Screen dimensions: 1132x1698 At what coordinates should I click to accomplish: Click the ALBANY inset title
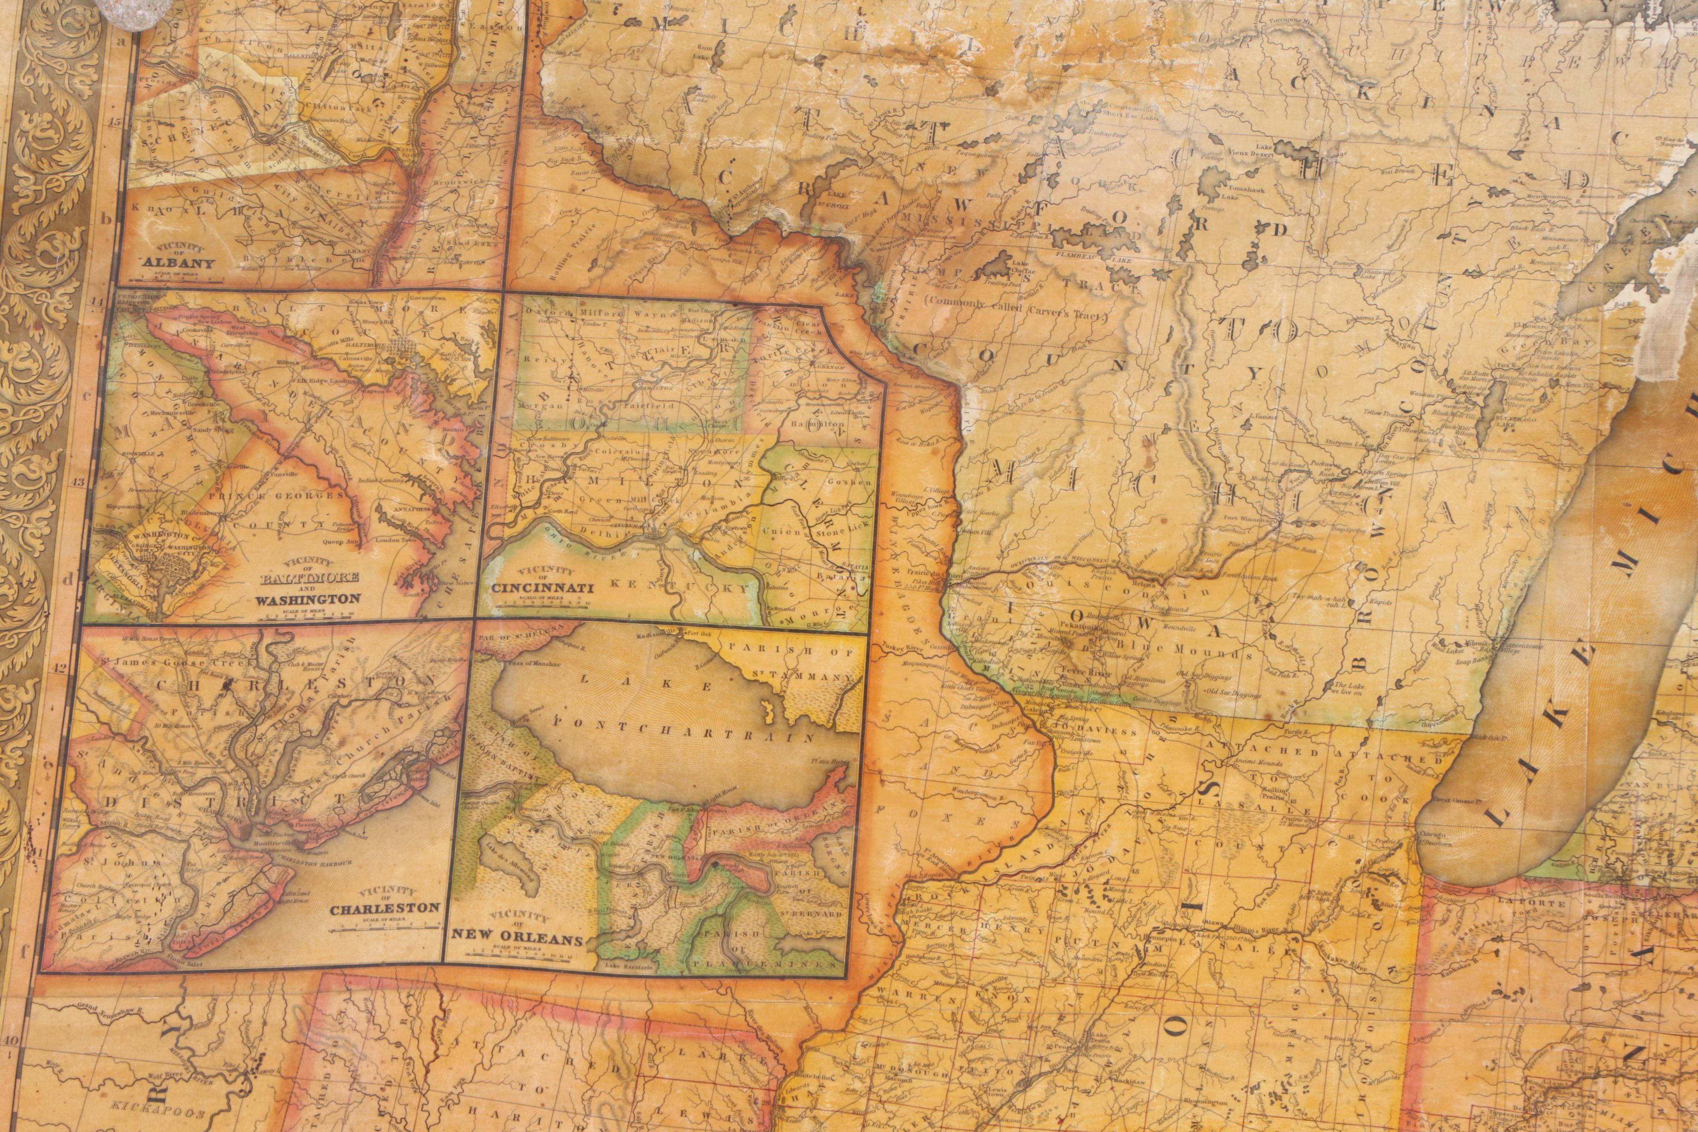coord(180,263)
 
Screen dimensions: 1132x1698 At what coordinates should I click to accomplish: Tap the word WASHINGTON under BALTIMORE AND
coord(308,598)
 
